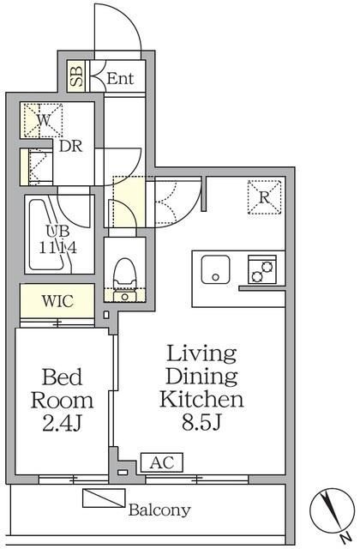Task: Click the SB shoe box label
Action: (x=76, y=76)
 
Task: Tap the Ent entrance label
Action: (x=120, y=78)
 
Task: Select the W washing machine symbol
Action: (x=43, y=120)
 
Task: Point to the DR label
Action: (x=70, y=146)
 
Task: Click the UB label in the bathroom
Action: (x=57, y=231)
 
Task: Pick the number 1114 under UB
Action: (x=57, y=248)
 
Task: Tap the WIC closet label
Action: (x=57, y=301)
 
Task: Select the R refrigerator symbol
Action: (x=264, y=197)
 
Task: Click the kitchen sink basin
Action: (x=215, y=269)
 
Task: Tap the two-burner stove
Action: (x=262, y=269)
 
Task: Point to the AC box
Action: (x=162, y=462)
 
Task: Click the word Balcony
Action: (x=159, y=510)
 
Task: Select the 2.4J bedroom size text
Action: (x=63, y=424)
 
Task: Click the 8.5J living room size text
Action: (x=202, y=423)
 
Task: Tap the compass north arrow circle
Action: (x=333, y=510)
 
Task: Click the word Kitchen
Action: (x=201, y=399)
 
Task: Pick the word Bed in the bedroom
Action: (x=62, y=377)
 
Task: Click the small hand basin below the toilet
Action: (x=124, y=296)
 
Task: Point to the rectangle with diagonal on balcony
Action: (x=104, y=498)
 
